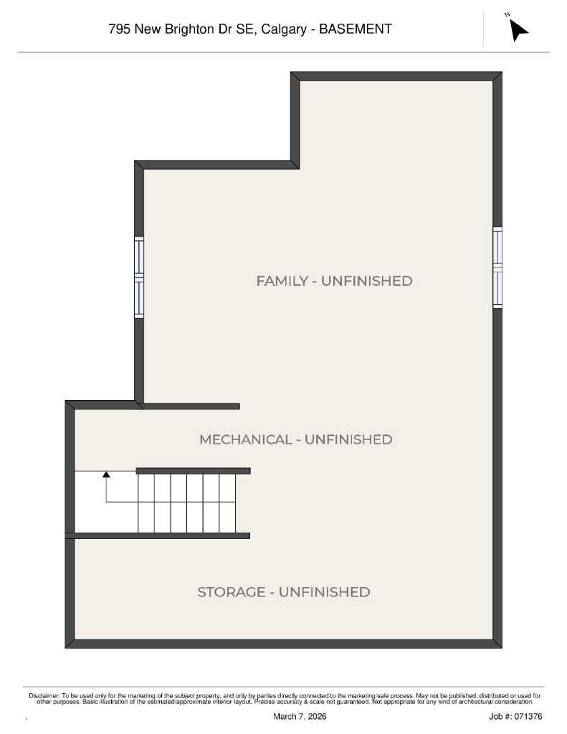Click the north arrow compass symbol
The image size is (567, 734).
pyautogui.click(x=518, y=29)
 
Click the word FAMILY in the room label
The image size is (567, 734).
pyautogui.click(x=282, y=281)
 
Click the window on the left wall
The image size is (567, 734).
pyautogui.click(x=139, y=277)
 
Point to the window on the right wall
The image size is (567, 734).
pyautogui.click(x=497, y=267)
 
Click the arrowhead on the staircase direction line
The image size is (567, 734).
pyautogui.click(x=106, y=474)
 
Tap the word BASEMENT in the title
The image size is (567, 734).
pyautogui.click(x=356, y=29)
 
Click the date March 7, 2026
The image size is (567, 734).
pyautogui.click(x=300, y=717)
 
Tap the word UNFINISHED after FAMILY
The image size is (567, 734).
pyautogui.click(x=366, y=281)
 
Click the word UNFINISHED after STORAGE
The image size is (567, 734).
pyautogui.click(x=324, y=592)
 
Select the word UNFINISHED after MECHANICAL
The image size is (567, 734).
pyautogui.click(x=348, y=439)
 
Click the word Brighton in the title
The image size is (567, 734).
pyautogui.click(x=189, y=29)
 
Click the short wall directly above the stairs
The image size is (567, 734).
pyautogui.click(x=193, y=471)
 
